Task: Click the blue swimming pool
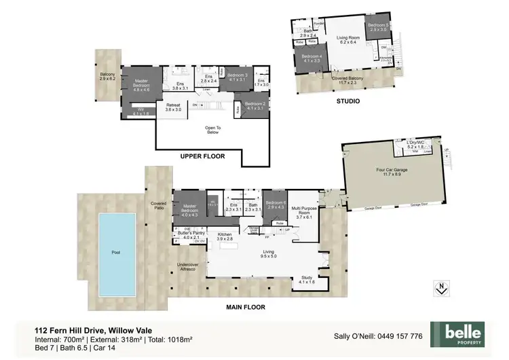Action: (x=115, y=251)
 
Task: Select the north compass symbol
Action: (x=441, y=287)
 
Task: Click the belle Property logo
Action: (x=464, y=335)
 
